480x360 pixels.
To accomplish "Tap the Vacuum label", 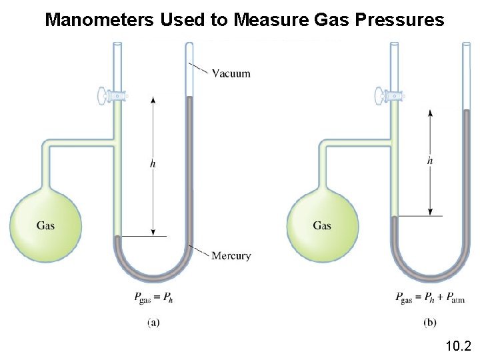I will (231, 73).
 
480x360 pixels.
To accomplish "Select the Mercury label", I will (231, 255).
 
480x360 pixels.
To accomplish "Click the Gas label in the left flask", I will (45, 225).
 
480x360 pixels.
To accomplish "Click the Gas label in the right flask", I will (322, 225).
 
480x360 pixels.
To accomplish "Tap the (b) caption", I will (431, 323).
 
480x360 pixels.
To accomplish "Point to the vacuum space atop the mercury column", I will (189, 70).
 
